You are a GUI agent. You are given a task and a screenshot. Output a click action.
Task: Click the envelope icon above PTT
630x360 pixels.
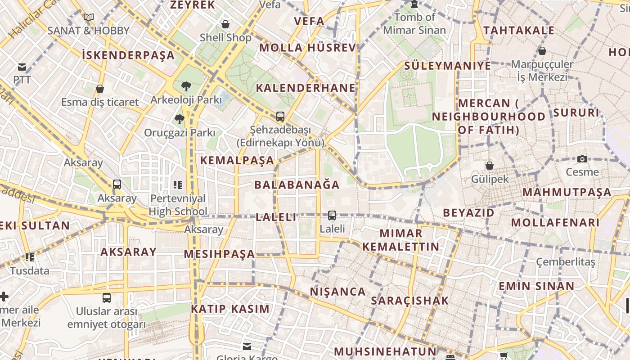click(x=22, y=67)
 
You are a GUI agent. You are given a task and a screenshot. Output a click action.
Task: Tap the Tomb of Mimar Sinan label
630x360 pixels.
click(x=414, y=24)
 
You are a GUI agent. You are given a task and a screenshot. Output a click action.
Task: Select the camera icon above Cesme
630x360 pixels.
click(x=582, y=159)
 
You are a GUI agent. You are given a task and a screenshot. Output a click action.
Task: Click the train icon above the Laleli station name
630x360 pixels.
click(x=332, y=216)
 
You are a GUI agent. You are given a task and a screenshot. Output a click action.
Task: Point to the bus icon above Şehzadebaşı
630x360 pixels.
click(x=280, y=117)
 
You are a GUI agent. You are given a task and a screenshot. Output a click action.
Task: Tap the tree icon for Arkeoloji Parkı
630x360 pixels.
click(x=186, y=86)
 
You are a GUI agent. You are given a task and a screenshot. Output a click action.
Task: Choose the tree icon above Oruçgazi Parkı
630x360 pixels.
click(x=180, y=119)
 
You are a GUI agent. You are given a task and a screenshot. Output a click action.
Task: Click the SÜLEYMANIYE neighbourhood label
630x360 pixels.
click(x=447, y=66)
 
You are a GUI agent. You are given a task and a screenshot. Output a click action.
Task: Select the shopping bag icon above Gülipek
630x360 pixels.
click(x=490, y=166)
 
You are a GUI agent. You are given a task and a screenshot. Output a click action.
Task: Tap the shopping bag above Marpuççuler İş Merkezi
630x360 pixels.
click(x=542, y=51)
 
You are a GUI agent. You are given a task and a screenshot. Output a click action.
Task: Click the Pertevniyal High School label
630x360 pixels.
click(x=178, y=205)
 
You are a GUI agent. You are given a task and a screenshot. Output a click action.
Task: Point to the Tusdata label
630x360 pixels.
click(x=30, y=271)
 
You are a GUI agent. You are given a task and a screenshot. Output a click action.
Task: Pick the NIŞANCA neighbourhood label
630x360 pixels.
click(x=338, y=292)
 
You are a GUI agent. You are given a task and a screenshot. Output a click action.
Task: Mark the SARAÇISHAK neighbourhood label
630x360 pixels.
click(x=410, y=301)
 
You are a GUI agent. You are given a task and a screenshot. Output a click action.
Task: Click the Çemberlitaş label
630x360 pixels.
click(x=566, y=261)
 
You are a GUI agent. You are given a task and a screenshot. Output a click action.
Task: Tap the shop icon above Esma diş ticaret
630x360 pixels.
click(x=100, y=89)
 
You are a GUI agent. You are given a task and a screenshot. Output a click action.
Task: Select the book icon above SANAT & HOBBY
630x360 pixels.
click(x=89, y=18)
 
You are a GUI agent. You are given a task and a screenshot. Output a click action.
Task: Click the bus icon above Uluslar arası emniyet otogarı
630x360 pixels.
click(x=107, y=297)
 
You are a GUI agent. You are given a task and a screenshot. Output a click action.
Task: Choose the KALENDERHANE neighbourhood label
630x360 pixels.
click(x=306, y=88)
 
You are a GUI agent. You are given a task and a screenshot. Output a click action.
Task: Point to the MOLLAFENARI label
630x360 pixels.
click(x=555, y=222)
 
